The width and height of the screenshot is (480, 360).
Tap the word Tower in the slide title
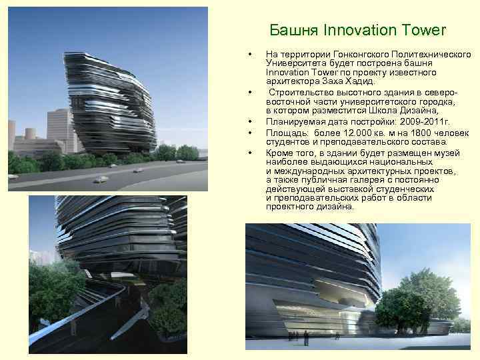pyautogui.click(x=421, y=31)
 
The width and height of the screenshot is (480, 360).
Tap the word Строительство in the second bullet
pyautogui.click(x=300, y=91)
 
